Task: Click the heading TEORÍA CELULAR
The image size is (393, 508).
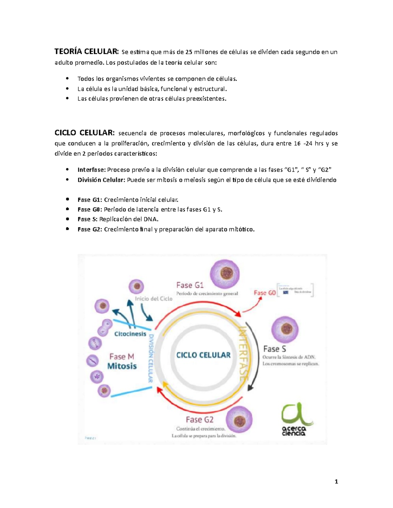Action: pyautogui.click(x=86, y=52)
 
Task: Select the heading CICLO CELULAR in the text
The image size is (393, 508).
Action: pyautogui.click(x=84, y=133)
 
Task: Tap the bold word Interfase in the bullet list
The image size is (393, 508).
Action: pyautogui.click(x=91, y=170)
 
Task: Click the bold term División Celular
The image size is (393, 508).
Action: pyautogui.click(x=101, y=180)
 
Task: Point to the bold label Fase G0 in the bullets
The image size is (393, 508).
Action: pyautogui.click(x=90, y=209)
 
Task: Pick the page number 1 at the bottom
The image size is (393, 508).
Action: pyautogui.click(x=336, y=481)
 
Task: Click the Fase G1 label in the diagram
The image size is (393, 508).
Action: pyautogui.click(x=190, y=285)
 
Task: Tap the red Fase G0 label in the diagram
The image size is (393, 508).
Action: pyautogui.click(x=265, y=293)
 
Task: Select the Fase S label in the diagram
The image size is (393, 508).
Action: pyautogui.click(x=274, y=349)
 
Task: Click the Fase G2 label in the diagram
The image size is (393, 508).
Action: pyautogui.click(x=199, y=419)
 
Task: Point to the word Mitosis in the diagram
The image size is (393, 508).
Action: pyautogui.click(x=122, y=366)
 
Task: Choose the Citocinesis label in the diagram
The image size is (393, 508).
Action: pyautogui.click(x=130, y=334)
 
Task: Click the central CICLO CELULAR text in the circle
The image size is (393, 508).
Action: pyautogui.click(x=203, y=355)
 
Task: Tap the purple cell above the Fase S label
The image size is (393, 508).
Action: pyautogui.click(x=285, y=329)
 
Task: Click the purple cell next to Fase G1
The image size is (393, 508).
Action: pyautogui.click(x=225, y=274)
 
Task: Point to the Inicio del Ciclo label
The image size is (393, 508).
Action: pyautogui.click(x=154, y=299)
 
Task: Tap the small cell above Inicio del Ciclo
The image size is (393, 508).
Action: pyautogui.click(x=136, y=287)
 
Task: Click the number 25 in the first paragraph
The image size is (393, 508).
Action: pyautogui.click(x=189, y=52)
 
